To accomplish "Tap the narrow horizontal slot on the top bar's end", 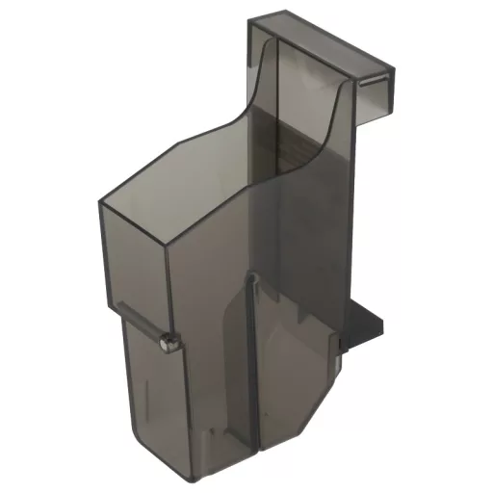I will point(376,86).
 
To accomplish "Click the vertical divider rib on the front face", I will point(253,366).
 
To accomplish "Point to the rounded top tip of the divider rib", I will point(253,277).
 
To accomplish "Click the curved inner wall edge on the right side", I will point(332,125).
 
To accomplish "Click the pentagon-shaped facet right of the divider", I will point(289,376).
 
